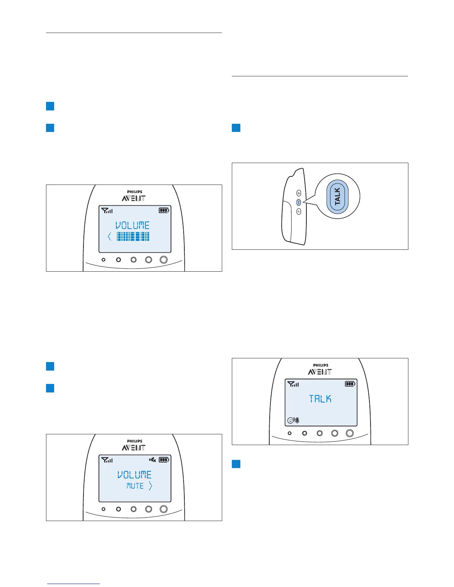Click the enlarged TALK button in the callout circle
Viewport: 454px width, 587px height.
[x=337, y=196]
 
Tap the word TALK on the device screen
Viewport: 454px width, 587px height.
[x=320, y=399]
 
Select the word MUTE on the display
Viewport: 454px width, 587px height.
[x=135, y=486]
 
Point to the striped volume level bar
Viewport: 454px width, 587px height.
[x=133, y=236]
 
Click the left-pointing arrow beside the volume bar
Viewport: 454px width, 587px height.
[x=109, y=236]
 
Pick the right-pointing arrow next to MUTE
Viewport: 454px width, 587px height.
[x=150, y=486]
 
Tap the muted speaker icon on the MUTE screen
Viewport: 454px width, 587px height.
[x=152, y=460]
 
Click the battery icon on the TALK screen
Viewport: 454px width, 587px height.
[x=350, y=384]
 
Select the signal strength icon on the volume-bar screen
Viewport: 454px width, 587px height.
[x=107, y=210]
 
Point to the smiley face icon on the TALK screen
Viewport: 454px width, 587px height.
[x=290, y=421]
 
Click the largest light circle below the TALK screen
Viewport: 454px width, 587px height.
[x=349, y=433]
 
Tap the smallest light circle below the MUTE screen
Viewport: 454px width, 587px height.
[x=103, y=509]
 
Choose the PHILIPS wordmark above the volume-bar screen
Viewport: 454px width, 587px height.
[x=134, y=192]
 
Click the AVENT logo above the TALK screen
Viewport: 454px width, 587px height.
[x=320, y=372]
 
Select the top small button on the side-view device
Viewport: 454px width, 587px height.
[x=299, y=193]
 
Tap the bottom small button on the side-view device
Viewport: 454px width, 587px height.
[x=299, y=212]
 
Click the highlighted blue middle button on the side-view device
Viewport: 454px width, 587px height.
[x=299, y=202]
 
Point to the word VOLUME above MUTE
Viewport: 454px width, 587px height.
[x=134, y=475]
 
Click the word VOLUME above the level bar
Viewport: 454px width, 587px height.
[x=132, y=225]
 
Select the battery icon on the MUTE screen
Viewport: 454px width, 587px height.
[x=164, y=460]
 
